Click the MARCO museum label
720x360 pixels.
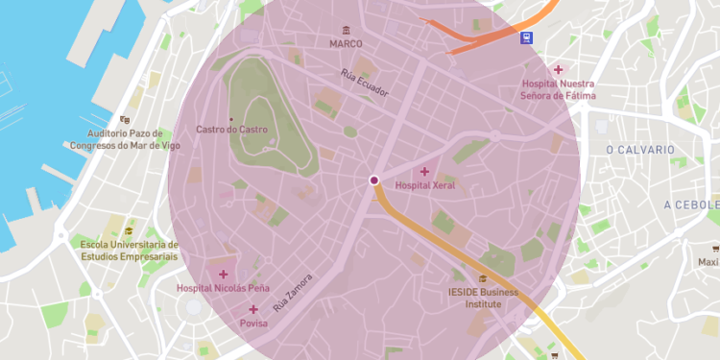pyautogui.click(x=346, y=44)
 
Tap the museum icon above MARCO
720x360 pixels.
pyautogui.click(x=346, y=30)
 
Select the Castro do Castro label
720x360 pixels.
pyautogui.click(x=231, y=130)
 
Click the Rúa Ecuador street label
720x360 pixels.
pyautogui.click(x=365, y=84)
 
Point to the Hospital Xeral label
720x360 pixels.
pyautogui.click(x=425, y=185)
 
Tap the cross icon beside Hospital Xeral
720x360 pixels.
pyautogui.click(x=425, y=172)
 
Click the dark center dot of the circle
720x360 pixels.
pyautogui.click(x=373, y=180)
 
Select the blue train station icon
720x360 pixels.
pyautogui.click(x=526, y=38)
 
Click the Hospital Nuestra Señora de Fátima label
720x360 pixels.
pyautogui.click(x=558, y=90)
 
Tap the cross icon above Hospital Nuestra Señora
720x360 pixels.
pyautogui.click(x=559, y=70)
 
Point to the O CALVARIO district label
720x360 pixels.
pyautogui.click(x=640, y=151)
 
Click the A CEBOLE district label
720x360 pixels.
pyautogui.click(x=691, y=205)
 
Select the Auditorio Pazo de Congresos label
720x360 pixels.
pyautogui.click(x=125, y=139)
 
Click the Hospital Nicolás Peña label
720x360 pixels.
pyautogui.click(x=224, y=288)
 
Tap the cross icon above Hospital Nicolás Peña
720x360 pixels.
pyautogui.click(x=224, y=275)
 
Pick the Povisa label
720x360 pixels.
pyautogui.click(x=253, y=324)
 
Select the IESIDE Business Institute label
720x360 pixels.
pyautogui.click(x=483, y=298)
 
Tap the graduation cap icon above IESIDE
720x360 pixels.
pyautogui.click(x=483, y=279)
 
